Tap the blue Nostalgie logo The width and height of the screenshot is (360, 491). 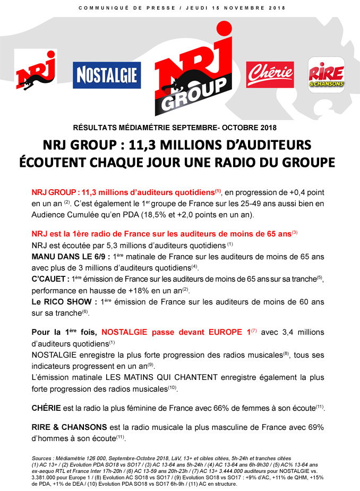coord(107,75)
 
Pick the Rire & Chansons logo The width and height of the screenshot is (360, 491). coord(327,74)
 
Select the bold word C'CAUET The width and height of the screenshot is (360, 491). coord(47,279)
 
